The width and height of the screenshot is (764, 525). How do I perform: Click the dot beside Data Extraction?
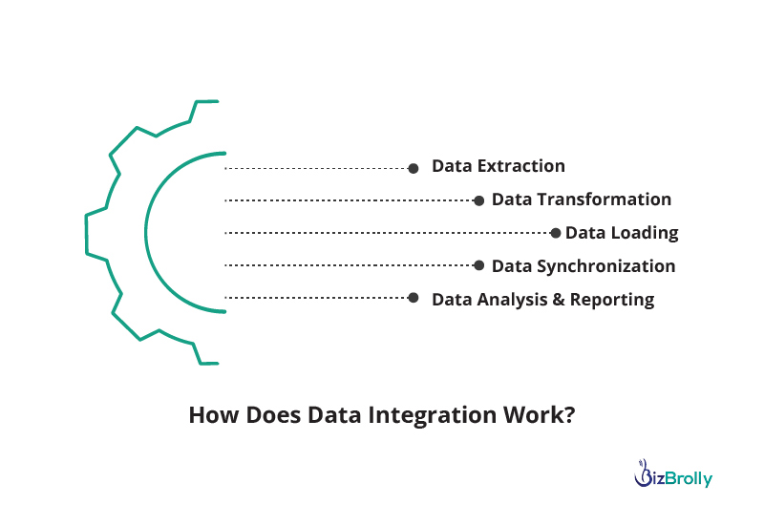click(x=414, y=169)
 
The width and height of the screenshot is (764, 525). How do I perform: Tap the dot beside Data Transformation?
click(x=479, y=200)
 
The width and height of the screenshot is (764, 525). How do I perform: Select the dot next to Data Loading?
click(x=555, y=233)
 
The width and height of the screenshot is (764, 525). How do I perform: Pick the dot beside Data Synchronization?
click(x=479, y=265)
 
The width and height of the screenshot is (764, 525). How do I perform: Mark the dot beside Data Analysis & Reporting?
click(x=414, y=298)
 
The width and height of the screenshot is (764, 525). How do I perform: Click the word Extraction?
click(x=521, y=166)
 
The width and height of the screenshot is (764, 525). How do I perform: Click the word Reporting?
click(x=612, y=300)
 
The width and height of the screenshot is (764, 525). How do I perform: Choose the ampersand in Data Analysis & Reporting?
click(x=559, y=300)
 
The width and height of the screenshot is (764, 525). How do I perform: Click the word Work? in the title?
click(x=540, y=415)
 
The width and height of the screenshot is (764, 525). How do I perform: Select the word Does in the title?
click(x=273, y=415)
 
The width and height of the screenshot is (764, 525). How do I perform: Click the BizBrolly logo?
click(x=673, y=473)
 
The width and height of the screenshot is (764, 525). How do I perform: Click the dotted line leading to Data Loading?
click(x=387, y=233)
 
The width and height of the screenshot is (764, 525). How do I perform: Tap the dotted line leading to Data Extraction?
click(x=316, y=169)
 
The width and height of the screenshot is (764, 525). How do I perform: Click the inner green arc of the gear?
click(x=145, y=233)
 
